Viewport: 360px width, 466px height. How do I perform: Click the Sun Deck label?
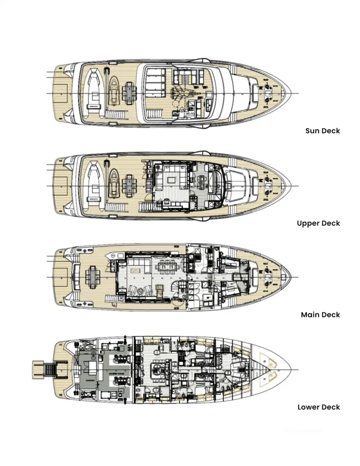[322, 131]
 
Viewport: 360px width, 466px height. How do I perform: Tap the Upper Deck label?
[318, 223]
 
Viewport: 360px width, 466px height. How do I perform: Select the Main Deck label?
[320, 315]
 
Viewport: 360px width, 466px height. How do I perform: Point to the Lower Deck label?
[319, 407]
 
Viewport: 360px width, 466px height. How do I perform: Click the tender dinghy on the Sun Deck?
[94, 93]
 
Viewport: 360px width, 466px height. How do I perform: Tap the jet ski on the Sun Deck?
[114, 92]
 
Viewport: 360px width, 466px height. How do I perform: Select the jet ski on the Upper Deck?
[114, 184]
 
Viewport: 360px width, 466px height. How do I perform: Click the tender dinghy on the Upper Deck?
[94, 185]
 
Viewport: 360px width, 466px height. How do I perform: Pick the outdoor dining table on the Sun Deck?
[130, 92]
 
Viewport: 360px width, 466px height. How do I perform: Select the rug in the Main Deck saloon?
[135, 270]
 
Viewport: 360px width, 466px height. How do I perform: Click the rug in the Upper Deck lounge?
[171, 179]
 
